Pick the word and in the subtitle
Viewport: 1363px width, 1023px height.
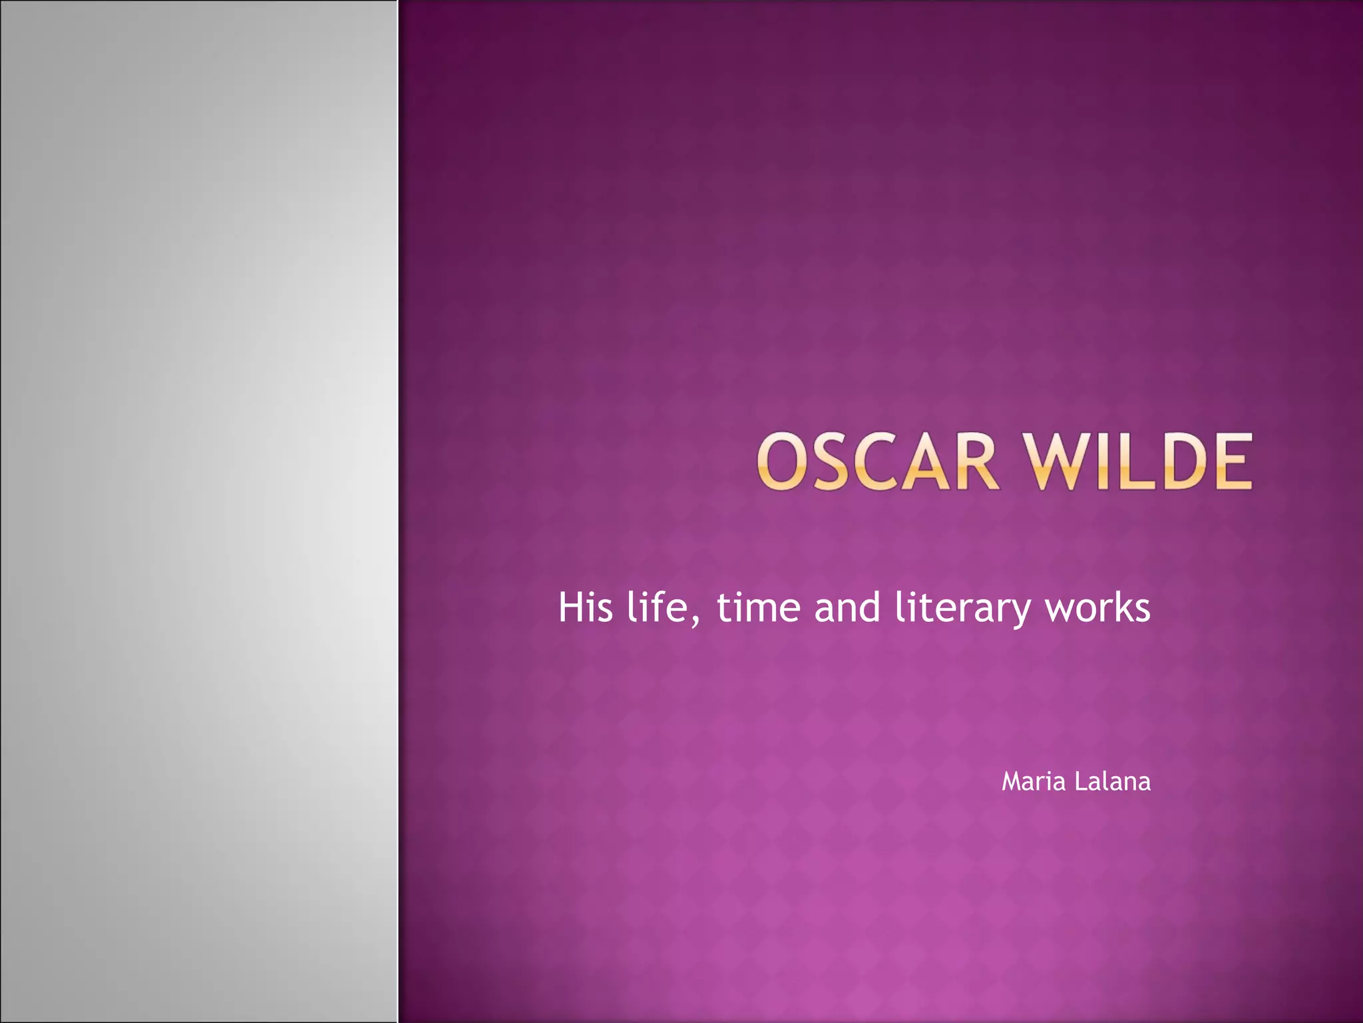pos(847,607)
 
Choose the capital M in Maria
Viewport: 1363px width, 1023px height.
pos(1012,781)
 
